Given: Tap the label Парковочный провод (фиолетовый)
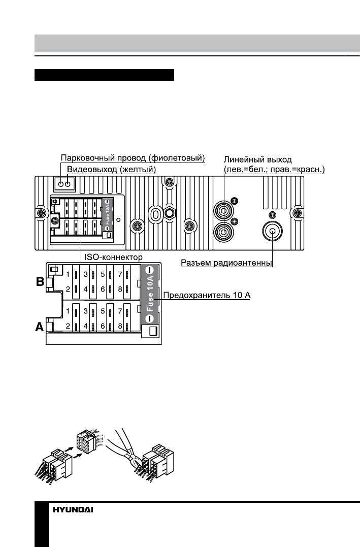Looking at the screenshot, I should [x=133, y=158].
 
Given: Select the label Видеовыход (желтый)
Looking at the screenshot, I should [x=111, y=169].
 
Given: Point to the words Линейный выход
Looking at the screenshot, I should [x=258, y=159].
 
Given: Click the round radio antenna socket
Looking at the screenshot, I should [x=273, y=232].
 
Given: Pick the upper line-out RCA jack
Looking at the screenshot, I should [x=222, y=208].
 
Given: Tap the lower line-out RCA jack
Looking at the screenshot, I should [x=222, y=232].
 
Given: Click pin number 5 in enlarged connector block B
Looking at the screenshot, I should [x=103, y=274].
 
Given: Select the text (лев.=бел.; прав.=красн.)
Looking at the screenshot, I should [x=274, y=169].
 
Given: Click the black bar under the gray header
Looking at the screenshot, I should [x=104, y=76].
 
